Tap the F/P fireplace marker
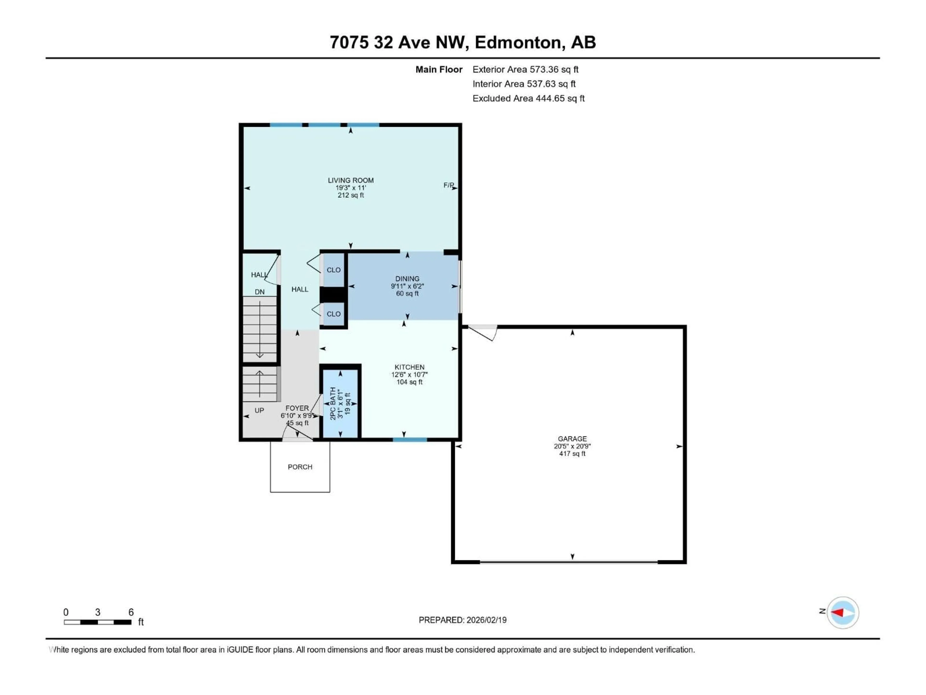pyautogui.click(x=448, y=185)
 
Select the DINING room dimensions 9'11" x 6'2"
pyautogui.click(x=407, y=286)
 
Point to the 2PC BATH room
pyautogui.click(x=340, y=403)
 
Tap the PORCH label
pyautogui.click(x=300, y=467)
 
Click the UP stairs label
pyautogui.click(x=259, y=410)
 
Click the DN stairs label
pyautogui.click(x=259, y=292)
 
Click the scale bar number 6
pyautogui.click(x=131, y=612)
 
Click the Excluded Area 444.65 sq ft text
pyautogui.click(x=528, y=98)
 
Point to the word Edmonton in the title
pyautogui.click(x=518, y=42)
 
